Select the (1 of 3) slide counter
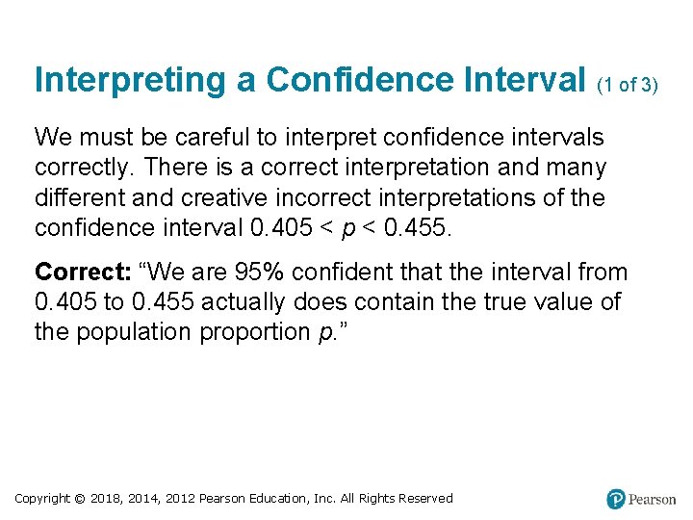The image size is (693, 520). pyautogui.click(x=628, y=85)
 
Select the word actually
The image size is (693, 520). pyautogui.click(x=241, y=302)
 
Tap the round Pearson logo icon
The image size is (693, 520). pyautogui.click(x=616, y=499)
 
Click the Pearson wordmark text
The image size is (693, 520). pyautogui.click(x=652, y=499)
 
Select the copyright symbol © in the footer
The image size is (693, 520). pyautogui.click(x=81, y=498)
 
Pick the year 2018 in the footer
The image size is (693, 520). pyautogui.click(x=110, y=498)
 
